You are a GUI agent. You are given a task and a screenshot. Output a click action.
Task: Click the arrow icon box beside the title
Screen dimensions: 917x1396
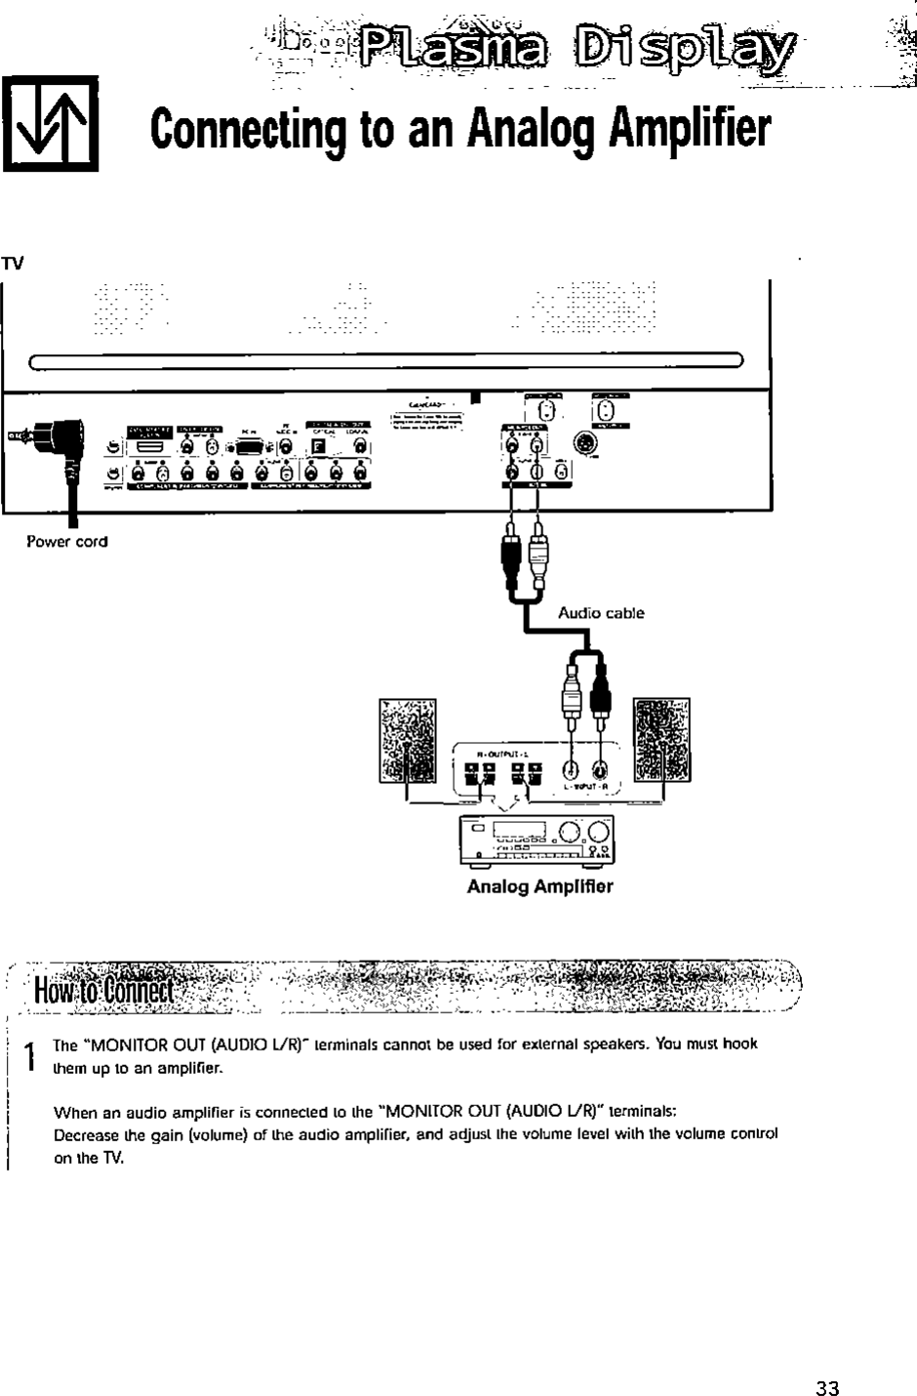tap(51, 124)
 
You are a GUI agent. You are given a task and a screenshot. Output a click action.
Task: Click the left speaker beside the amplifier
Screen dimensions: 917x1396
tap(407, 741)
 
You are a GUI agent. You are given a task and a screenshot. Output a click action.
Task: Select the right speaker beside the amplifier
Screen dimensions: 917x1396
tap(661, 741)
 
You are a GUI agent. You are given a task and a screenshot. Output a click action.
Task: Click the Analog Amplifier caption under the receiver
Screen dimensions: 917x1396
tap(539, 886)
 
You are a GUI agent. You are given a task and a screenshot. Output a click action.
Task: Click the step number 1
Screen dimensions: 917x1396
tap(30, 1055)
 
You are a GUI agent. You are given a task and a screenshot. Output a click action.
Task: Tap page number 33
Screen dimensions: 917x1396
tap(827, 1388)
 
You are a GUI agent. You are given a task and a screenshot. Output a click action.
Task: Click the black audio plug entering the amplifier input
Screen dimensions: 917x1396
tap(598, 694)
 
